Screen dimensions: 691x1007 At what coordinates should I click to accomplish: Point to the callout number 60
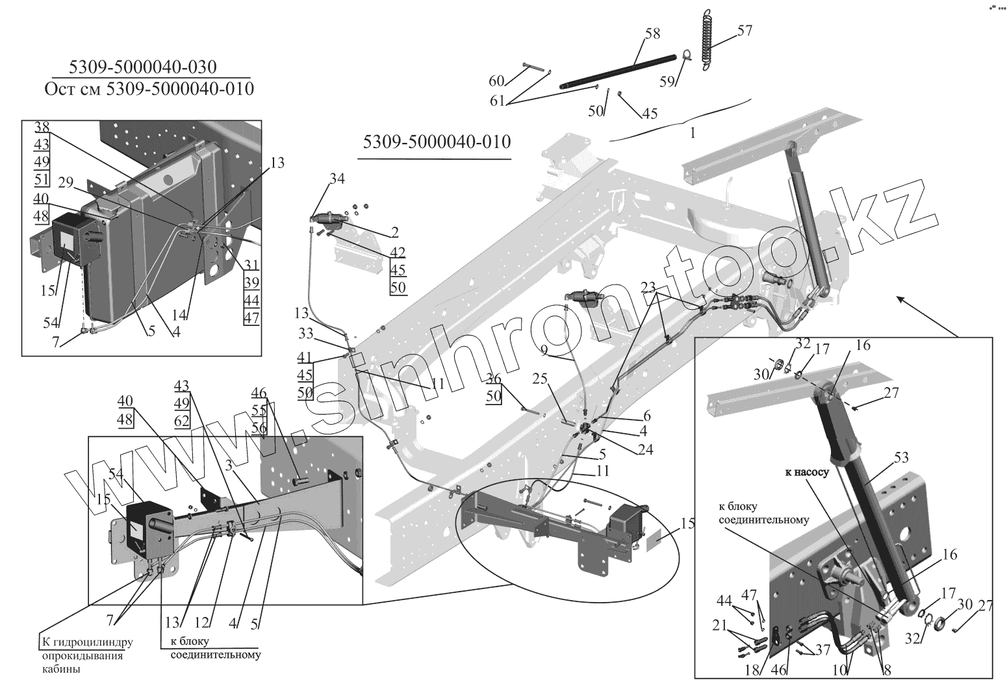(x=496, y=81)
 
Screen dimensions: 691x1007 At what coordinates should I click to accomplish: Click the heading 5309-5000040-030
(x=144, y=67)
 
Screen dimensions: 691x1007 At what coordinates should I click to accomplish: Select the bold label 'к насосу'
(x=807, y=473)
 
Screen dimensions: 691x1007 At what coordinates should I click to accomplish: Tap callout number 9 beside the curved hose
(x=544, y=351)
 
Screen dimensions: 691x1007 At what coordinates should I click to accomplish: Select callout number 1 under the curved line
(x=693, y=132)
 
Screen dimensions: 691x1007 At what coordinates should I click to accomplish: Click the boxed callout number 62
(x=181, y=420)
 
